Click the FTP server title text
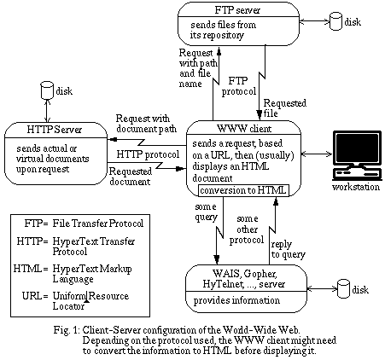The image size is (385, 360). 237,10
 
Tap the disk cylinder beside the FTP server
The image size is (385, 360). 335,21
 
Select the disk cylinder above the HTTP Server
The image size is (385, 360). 47,90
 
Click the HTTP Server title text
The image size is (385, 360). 54,130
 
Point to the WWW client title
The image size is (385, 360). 244,129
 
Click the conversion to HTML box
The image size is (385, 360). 243,190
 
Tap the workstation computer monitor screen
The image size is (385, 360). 358,148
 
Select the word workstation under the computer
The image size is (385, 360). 356,187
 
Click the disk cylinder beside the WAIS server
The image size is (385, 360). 343,288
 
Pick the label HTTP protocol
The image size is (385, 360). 148,154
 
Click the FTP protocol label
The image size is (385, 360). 239,86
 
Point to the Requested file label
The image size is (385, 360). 285,108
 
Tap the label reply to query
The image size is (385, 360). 288,249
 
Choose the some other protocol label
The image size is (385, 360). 247,229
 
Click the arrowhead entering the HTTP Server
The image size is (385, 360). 111,139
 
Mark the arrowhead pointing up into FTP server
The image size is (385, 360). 219,50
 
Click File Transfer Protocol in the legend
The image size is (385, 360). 98,224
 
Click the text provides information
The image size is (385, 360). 236,300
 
